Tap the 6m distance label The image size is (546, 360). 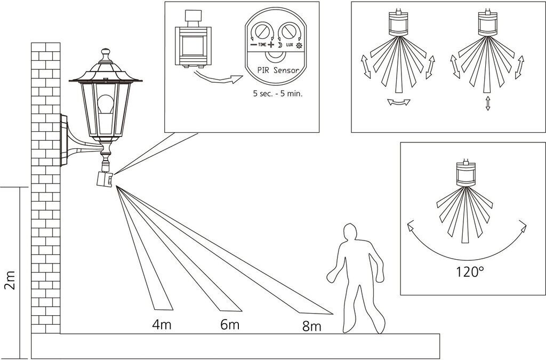[x=230, y=324]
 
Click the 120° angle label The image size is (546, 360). [x=470, y=271]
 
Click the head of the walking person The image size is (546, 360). [x=349, y=234]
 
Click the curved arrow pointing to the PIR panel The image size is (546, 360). [x=213, y=80]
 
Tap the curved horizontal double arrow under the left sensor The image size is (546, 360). [x=399, y=102]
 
